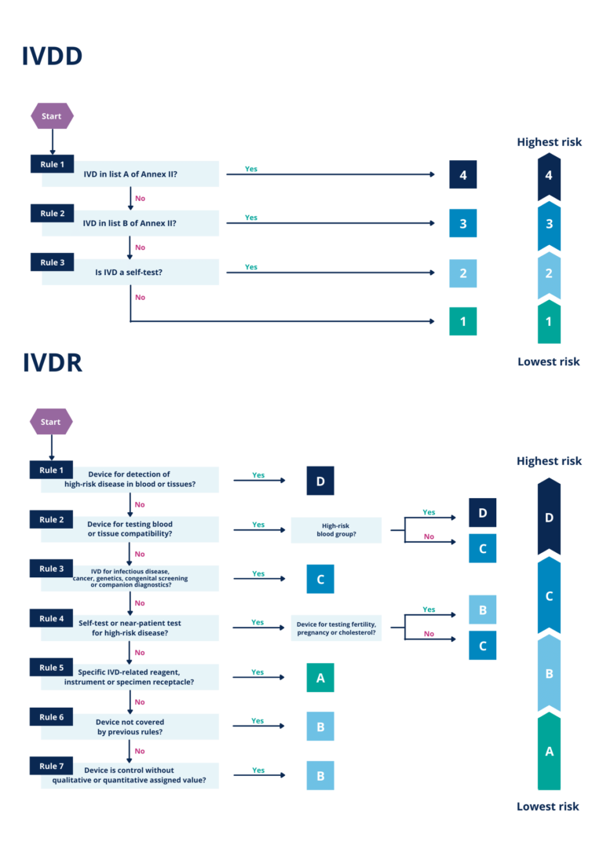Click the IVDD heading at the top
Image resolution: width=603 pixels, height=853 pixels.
(x=52, y=57)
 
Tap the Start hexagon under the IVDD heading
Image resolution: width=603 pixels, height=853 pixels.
(x=52, y=116)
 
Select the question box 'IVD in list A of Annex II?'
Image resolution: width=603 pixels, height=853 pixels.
(x=130, y=174)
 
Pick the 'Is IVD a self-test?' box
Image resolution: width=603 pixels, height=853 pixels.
(x=130, y=273)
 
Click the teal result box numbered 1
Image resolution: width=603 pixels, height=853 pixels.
(x=463, y=321)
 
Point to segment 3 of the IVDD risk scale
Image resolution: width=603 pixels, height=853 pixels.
(x=549, y=224)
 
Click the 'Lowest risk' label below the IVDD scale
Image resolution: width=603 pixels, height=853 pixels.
(x=549, y=362)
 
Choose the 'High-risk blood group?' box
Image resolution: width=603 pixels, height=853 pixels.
(x=336, y=530)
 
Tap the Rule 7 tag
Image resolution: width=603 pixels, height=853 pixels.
(x=52, y=766)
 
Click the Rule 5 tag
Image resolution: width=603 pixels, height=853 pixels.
(x=52, y=668)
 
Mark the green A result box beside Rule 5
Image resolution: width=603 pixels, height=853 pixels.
(x=320, y=678)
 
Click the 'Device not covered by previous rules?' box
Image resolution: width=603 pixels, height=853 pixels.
(x=130, y=727)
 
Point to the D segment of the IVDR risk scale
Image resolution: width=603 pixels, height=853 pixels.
(x=549, y=518)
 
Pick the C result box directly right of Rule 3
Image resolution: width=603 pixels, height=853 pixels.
(x=320, y=579)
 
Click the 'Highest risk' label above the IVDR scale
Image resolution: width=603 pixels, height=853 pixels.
(x=549, y=461)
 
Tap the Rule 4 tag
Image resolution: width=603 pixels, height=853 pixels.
(x=52, y=618)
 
